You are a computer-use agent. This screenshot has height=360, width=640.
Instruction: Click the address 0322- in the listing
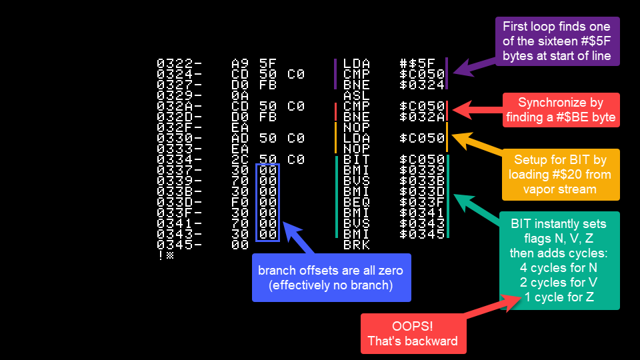pos(179,63)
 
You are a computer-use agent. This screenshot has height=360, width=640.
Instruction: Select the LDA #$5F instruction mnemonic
pos(356,63)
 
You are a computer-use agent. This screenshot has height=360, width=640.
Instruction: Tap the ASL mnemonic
pos(356,95)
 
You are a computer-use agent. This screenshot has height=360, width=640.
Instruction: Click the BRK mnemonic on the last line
pos(356,245)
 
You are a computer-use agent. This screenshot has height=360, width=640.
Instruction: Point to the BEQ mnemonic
pos(356,202)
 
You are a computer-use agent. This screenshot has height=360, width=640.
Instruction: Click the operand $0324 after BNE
pos(422,85)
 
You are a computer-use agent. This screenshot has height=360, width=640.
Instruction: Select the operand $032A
pos(422,117)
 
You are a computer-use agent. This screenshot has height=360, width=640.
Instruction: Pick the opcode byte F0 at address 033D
pos(240,202)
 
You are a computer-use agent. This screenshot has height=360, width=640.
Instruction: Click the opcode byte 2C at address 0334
pos(240,159)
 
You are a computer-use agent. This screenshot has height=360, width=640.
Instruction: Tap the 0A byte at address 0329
pos(240,95)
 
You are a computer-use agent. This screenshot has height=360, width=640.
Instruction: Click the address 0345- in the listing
pos(179,245)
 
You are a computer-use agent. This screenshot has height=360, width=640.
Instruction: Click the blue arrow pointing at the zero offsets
pos(298,237)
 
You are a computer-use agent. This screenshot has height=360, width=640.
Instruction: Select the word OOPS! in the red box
pos(412,326)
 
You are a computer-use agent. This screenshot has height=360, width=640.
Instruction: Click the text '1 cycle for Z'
pos(559,297)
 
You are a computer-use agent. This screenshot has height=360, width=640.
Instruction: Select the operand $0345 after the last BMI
pos(422,234)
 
